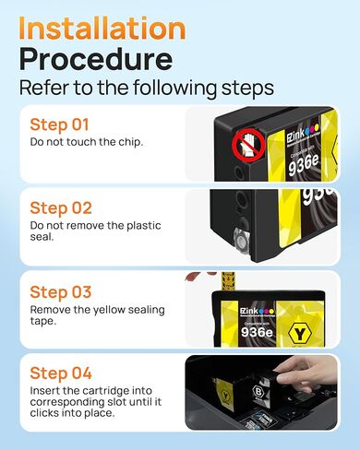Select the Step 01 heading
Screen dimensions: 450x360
click(61, 124)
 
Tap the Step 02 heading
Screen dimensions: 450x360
click(61, 207)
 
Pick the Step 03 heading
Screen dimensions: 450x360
click(61, 292)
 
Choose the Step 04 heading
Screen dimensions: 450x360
click(61, 373)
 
